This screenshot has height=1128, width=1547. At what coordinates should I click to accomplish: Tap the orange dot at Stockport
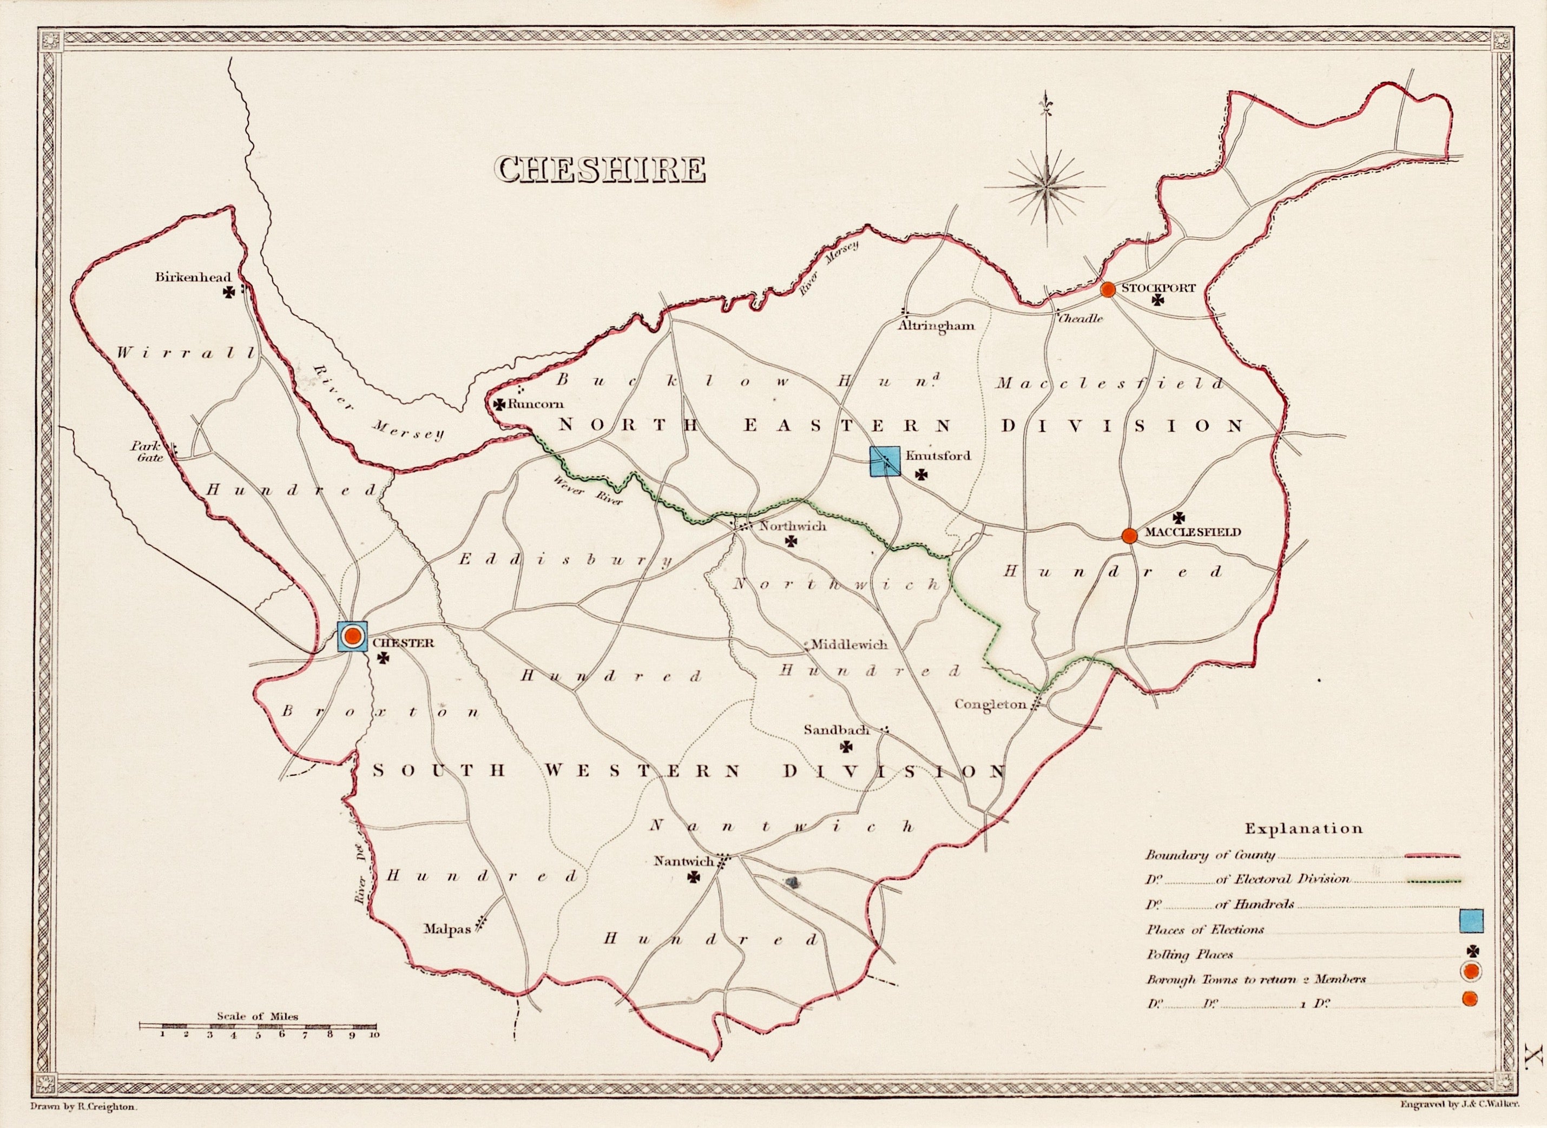pyautogui.click(x=1108, y=289)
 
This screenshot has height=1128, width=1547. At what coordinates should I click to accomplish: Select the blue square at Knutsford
pyautogui.click(x=885, y=461)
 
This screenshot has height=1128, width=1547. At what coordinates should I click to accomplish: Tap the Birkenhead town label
pyautogui.click(x=193, y=277)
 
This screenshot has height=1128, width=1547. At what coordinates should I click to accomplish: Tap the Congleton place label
pyautogui.click(x=990, y=704)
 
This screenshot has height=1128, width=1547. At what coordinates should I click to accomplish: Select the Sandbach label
pyautogui.click(x=836, y=730)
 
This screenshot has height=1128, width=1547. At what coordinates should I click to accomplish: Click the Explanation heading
pyautogui.click(x=1303, y=829)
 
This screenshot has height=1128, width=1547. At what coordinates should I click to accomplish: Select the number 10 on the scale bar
pyautogui.click(x=374, y=1034)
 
